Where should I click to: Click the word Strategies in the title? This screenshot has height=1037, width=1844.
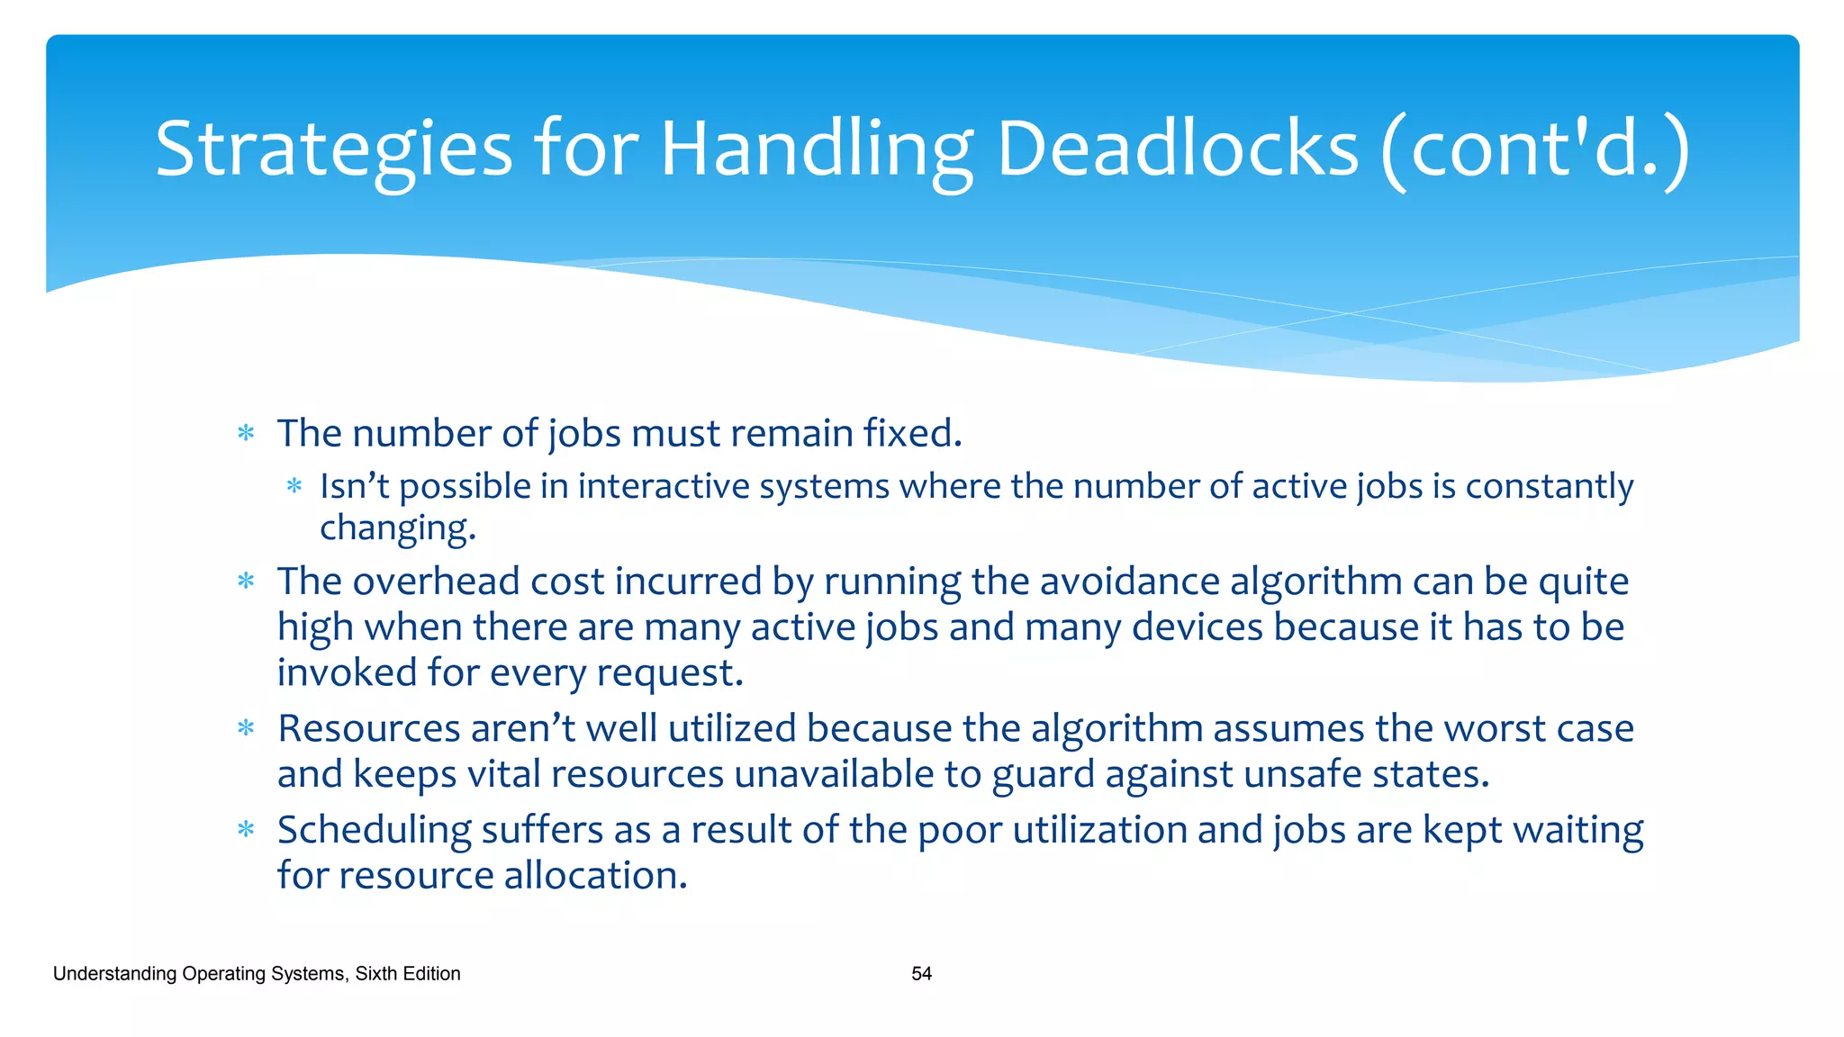point(333,149)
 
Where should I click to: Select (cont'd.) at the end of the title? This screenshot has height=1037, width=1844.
point(1534,149)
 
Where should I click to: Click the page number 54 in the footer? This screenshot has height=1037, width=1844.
point(921,973)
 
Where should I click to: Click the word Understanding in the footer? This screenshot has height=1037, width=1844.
point(114,973)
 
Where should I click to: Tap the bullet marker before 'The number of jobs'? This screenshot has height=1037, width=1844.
point(246,434)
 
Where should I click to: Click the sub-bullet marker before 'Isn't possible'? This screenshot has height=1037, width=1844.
point(294,487)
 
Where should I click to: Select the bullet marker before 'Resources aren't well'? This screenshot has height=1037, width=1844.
point(246,728)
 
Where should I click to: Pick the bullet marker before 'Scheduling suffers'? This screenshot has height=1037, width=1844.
point(246,830)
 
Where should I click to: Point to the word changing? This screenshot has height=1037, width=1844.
point(396,528)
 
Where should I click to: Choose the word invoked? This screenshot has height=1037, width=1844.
point(347,672)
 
